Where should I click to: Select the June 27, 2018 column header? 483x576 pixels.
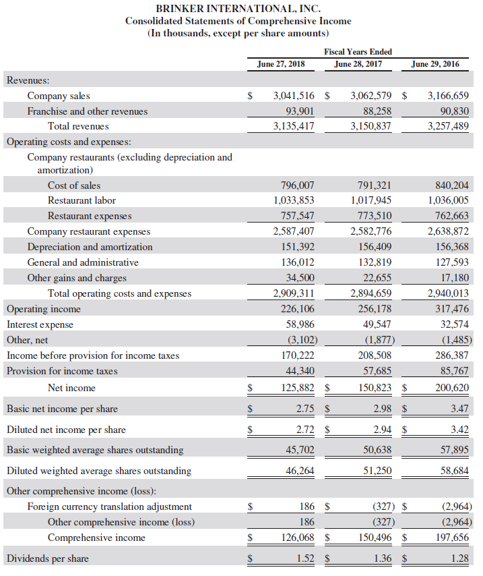pyautogui.click(x=280, y=64)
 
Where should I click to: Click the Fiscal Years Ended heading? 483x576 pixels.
pyautogui.click(x=358, y=51)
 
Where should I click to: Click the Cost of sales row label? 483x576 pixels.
pyautogui.click(x=74, y=185)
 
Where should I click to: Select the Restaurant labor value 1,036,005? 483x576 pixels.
pyautogui.click(x=448, y=200)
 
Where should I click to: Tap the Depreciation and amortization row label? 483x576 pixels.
pyautogui.click(x=90, y=247)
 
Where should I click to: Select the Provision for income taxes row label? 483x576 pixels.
pyautogui.click(x=62, y=371)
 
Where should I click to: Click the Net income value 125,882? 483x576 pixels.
pyautogui.click(x=298, y=388)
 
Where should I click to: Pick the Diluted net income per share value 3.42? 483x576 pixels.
pyautogui.click(x=460, y=430)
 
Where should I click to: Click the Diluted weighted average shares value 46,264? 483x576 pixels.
pyautogui.click(x=300, y=471)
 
